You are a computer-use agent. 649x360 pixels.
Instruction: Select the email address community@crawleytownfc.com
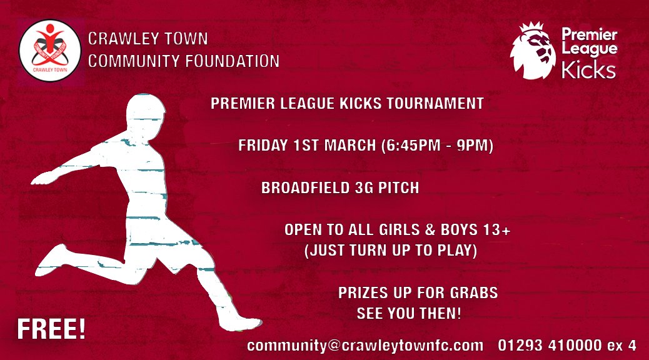click(x=365, y=346)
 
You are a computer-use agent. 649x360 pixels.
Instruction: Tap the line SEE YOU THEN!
click(x=409, y=313)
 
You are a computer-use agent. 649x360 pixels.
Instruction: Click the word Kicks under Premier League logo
click(x=588, y=70)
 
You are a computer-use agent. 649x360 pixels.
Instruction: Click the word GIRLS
click(x=390, y=230)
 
